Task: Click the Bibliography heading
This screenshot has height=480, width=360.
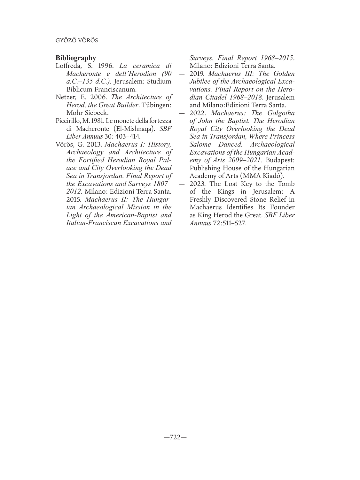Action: point(76,58)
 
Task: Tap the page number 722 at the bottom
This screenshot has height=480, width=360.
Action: point(175,437)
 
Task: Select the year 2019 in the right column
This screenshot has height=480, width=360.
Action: point(197,74)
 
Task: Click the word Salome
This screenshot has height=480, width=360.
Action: point(200,144)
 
